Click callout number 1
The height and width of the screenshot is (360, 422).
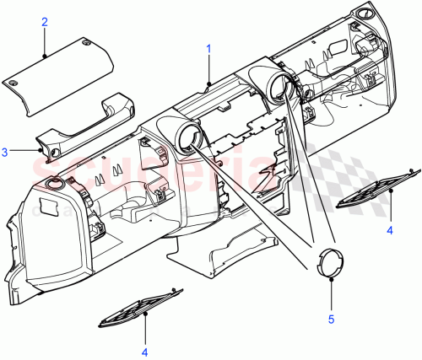tap(208, 50)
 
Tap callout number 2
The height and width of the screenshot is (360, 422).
tap(44, 23)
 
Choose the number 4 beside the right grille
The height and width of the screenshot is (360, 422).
tap(391, 228)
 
